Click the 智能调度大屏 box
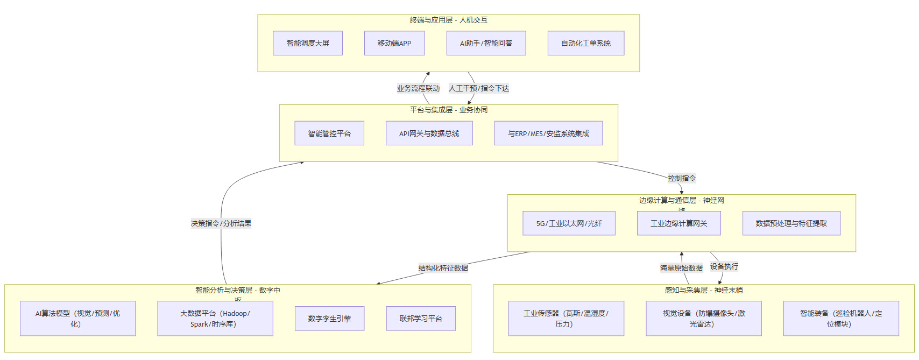pos(308,43)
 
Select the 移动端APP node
pos(394,43)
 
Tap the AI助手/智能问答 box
pos(486,43)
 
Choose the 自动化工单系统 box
pos(586,43)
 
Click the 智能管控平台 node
pos(329,133)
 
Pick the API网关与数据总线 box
pos(429,133)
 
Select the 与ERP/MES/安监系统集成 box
pos(548,133)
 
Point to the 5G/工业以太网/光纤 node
pos(569,223)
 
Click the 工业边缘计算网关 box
pos(678,223)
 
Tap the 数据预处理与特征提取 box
pos(791,223)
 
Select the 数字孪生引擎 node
pos(329,319)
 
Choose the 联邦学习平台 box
pos(421,319)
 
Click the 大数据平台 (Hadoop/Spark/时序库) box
pos(215,319)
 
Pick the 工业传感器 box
pos(566,319)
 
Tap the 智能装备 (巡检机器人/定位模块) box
pos(841,319)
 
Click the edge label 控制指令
pos(681,178)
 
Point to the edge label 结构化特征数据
pos(443,268)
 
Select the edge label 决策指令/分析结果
pos(221,223)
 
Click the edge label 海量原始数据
pos(681,268)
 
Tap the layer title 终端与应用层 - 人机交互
pos(448,20)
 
